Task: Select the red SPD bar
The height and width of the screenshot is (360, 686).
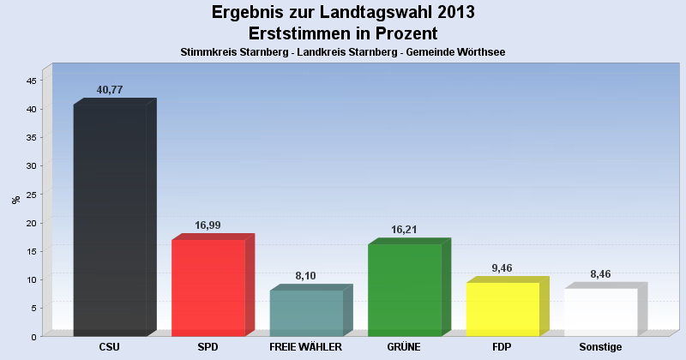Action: [208, 287]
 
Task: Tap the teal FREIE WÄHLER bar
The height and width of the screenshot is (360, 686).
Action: [306, 312]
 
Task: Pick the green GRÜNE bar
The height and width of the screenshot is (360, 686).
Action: [405, 290]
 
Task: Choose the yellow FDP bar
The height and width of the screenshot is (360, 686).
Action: [502, 309]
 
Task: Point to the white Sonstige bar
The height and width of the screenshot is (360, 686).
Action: [600, 311]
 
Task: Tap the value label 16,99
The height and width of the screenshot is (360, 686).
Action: [208, 225]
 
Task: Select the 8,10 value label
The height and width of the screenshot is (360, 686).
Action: [306, 276]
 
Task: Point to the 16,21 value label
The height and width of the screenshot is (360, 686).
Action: [405, 230]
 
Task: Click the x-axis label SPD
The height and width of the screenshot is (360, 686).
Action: [208, 347]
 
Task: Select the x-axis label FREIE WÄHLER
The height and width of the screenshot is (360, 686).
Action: [306, 347]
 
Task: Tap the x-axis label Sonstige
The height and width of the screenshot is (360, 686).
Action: [600, 347]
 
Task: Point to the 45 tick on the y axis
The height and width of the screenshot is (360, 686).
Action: [31, 81]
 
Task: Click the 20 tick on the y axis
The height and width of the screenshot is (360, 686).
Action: [31, 223]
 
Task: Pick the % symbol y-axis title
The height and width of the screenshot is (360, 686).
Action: [15, 200]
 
